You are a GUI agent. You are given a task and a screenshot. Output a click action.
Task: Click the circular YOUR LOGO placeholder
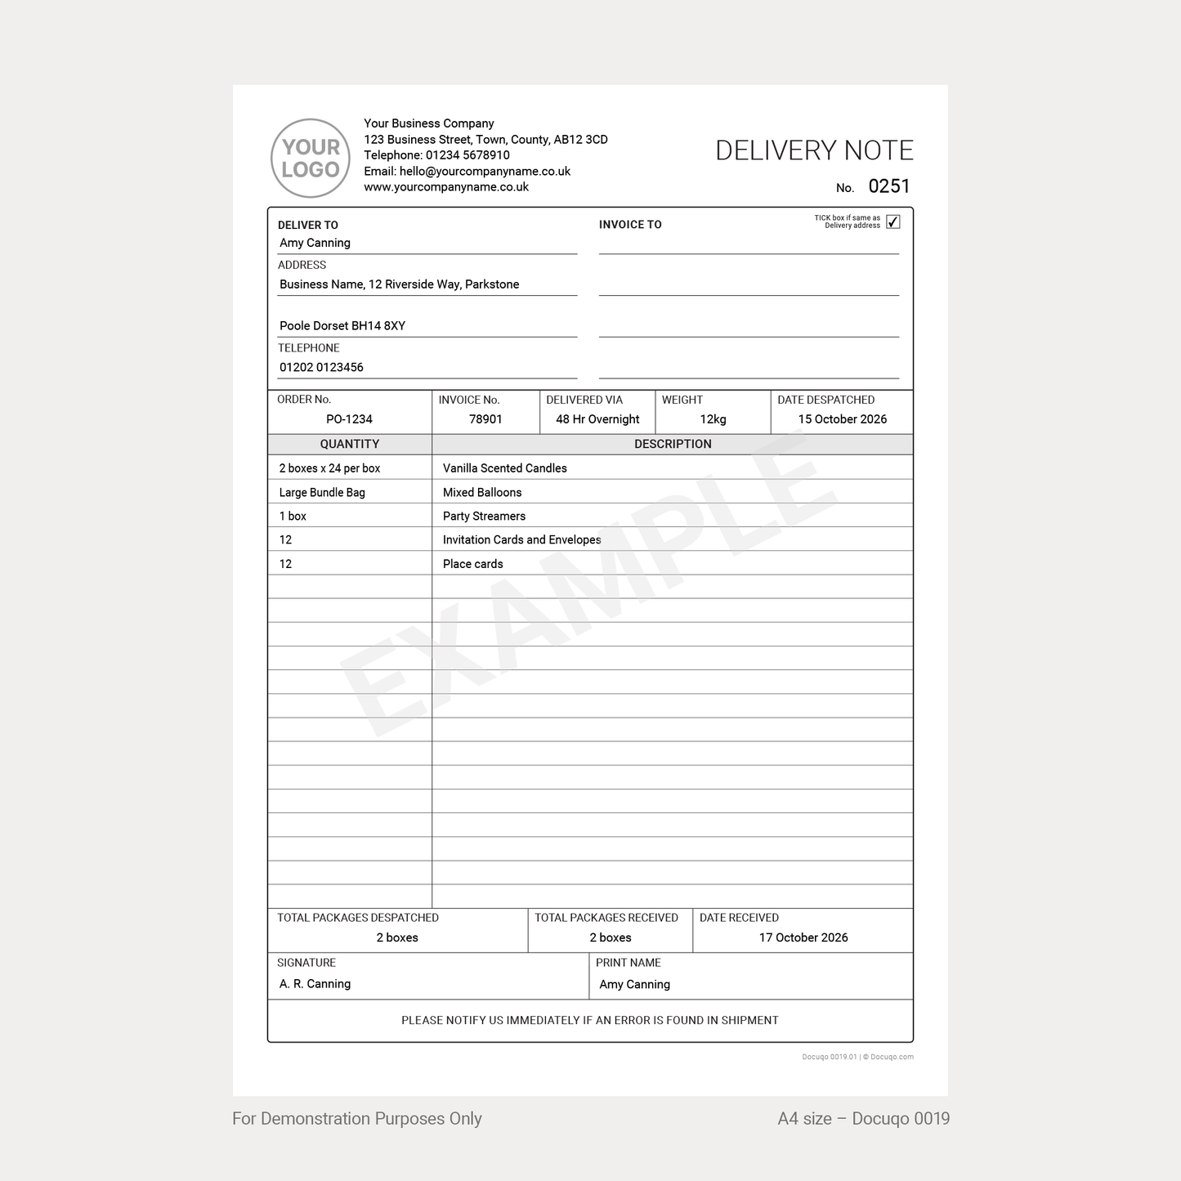311,159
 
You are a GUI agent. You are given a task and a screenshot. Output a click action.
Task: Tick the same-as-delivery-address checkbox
893,222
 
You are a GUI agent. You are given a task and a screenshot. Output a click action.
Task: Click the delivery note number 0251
889,186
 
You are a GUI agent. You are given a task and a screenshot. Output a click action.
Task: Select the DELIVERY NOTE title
814,150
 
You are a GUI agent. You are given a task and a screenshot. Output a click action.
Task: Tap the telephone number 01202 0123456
321,368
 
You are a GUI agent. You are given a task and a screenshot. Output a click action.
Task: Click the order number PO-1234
349,419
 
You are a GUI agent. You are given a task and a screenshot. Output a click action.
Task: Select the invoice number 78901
485,419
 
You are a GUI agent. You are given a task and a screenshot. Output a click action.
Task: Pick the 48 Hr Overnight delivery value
597,419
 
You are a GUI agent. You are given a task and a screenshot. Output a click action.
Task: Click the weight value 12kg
713,419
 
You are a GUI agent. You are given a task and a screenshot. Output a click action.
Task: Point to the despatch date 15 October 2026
842,419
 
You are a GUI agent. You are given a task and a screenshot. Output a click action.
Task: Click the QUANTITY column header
349,444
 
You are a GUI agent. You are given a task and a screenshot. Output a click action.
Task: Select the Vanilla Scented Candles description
504,468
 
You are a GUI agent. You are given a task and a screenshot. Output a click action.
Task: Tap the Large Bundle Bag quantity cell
322,492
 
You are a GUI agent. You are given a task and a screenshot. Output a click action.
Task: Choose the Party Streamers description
484,516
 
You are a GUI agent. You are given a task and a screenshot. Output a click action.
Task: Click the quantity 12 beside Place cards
285,564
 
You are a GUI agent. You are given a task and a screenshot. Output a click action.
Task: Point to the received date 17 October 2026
803,937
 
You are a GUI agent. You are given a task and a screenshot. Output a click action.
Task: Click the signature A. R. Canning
315,984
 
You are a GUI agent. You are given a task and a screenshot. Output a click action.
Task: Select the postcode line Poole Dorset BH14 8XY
342,326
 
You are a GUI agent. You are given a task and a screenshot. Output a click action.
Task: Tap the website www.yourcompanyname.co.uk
446,187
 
